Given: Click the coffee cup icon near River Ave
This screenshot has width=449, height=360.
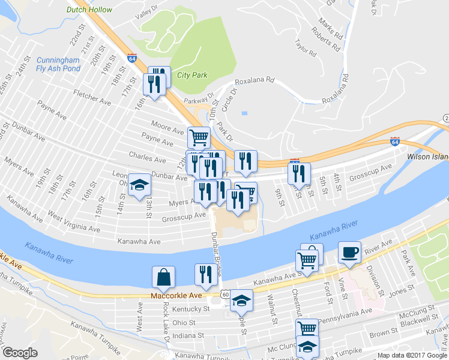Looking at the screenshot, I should pos(349,253).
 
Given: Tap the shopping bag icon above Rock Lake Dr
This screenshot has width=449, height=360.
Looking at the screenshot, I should pos(163,277).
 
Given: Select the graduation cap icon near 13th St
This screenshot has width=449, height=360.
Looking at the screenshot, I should pos(139,185).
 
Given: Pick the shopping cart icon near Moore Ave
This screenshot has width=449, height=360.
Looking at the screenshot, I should pos(199,137).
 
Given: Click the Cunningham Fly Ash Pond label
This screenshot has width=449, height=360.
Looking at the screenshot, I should pos(58,64).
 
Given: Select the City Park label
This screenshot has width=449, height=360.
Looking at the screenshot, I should pos(192,76).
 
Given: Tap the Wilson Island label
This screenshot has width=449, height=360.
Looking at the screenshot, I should pos(427,155).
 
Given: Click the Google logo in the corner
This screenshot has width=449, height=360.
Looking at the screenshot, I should pos(19,352).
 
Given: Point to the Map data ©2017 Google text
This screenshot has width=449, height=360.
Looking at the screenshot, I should pos(411,355).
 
